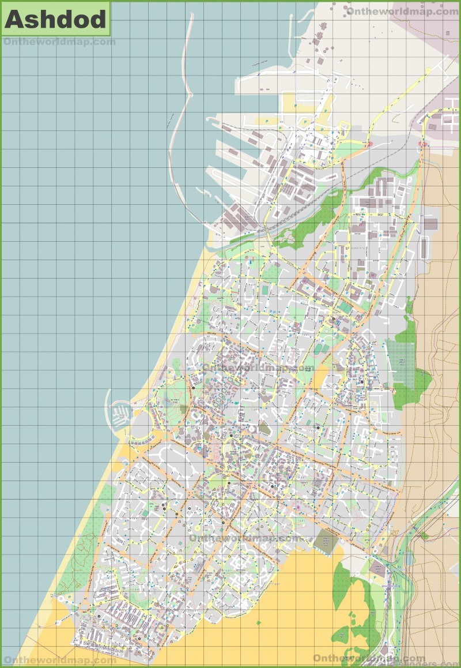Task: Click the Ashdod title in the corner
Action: tap(56, 19)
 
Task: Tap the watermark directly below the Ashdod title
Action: tap(59, 42)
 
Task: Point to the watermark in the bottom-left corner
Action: tap(59, 660)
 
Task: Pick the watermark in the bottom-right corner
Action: tap(369, 658)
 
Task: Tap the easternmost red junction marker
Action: tap(425, 144)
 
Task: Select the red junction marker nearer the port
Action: tap(366, 145)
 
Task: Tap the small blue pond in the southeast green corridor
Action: tap(409, 557)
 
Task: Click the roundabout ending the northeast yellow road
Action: tap(428, 71)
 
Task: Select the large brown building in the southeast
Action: tap(377, 569)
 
